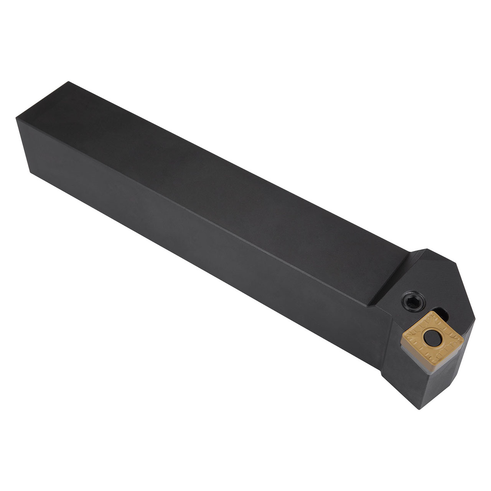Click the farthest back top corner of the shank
[69, 82]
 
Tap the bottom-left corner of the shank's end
[30, 173]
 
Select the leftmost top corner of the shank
[16, 118]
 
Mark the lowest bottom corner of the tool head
[420, 409]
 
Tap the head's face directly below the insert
[441, 384]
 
